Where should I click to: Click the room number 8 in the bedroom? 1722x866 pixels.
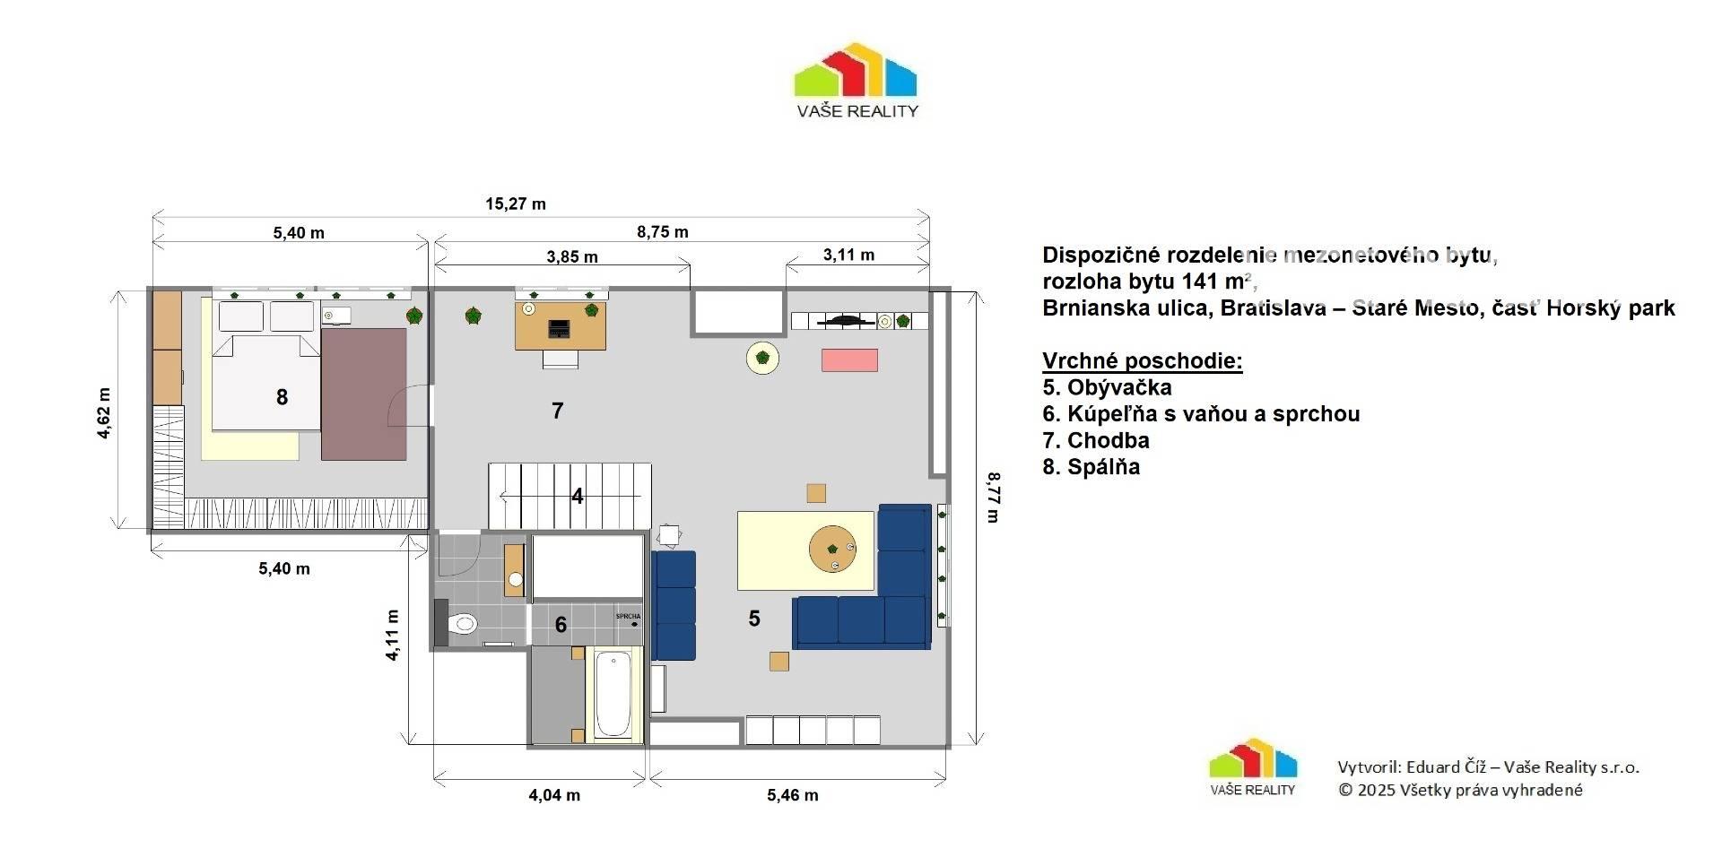pos(282,397)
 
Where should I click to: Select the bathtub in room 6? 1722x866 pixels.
pos(613,695)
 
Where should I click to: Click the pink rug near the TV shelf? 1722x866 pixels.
pos(849,359)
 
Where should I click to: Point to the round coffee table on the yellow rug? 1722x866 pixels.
pos(832,549)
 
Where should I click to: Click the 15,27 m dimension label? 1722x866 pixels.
pos(516,204)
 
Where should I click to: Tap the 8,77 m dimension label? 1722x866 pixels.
pos(992,497)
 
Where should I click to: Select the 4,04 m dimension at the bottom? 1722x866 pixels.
pos(554,794)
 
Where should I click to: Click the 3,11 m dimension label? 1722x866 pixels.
pos(848,255)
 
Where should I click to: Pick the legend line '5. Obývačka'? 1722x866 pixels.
pos(1107,387)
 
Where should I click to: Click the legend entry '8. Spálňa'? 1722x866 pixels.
pos(1091,466)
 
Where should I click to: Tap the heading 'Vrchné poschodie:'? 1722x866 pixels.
pos(1142,361)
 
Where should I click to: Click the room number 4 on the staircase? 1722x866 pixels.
pos(578,496)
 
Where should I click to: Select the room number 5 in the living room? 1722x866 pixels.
pos(754,618)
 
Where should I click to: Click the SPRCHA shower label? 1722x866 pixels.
pos(628,616)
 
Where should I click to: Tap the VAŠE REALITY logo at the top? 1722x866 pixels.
pos(857,81)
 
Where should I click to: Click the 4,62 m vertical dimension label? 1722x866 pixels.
pos(104,412)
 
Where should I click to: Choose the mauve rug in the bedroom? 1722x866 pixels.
pos(363,394)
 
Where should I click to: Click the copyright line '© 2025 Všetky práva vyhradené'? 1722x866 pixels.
pos(1460,790)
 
